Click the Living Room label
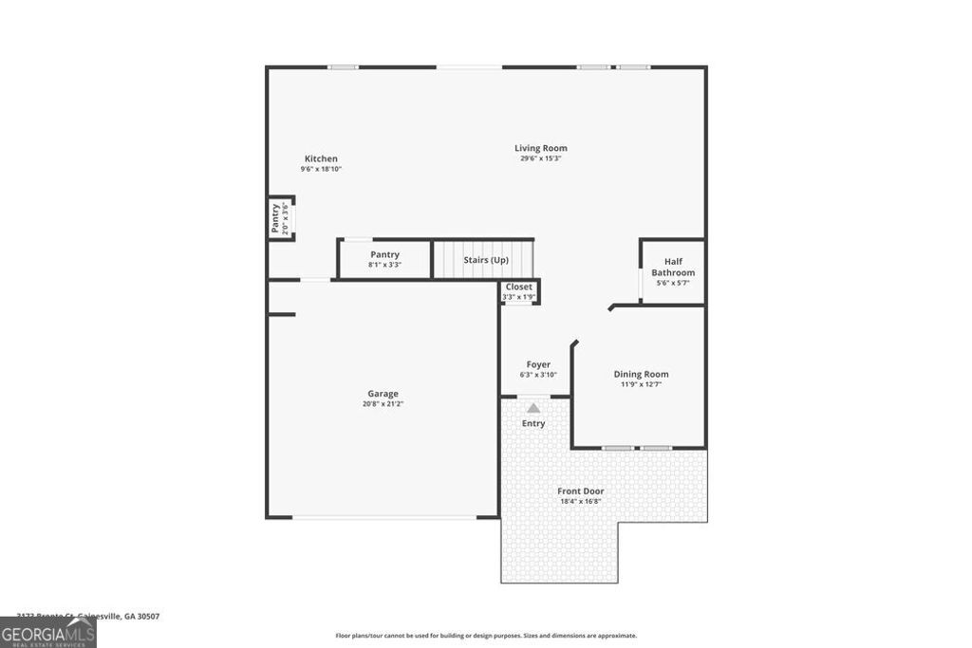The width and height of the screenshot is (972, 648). pyautogui.click(x=541, y=148)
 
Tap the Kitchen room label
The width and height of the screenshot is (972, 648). pyautogui.click(x=321, y=158)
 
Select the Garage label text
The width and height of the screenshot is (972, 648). pyautogui.click(x=383, y=394)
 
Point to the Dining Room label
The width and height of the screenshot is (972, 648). pyautogui.click(x=641, y=374)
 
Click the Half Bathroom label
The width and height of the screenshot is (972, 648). pyautogui.click(x=673, y=268)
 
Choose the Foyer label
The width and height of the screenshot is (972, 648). pyautogui.click(x=538, y=364)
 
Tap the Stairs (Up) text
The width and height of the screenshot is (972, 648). pyautogui.click(x=486, y=260)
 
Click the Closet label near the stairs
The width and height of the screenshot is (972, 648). pyautogui.click(x=519, y=287)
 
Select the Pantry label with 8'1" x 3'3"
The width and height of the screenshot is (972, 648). pyautogui.click(x=384, y=254)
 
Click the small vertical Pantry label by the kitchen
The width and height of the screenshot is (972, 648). pyautogui.click(x=275, y=218)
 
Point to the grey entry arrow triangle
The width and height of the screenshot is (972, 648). pyautogui.click(x=533, y=408)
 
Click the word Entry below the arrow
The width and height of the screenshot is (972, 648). pyautogui.click(x=533, y=423)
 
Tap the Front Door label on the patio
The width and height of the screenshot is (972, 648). pyautogui.click(x=580, y=491)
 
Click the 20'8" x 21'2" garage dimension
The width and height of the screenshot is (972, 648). pyautogui.click(x=383, y=404)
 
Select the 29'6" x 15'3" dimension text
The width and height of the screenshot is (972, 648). pyautogui.click(x=541, y=158)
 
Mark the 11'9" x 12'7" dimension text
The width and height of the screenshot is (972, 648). pyautogui.click(x=641, y=384)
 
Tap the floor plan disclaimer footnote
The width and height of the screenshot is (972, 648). pyautogui.click(x=486, y=636)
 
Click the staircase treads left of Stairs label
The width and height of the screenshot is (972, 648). pyautogui.click(x=447, y=259)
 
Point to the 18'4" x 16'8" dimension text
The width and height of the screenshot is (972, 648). pyautogui.click(x=580, y=501)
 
